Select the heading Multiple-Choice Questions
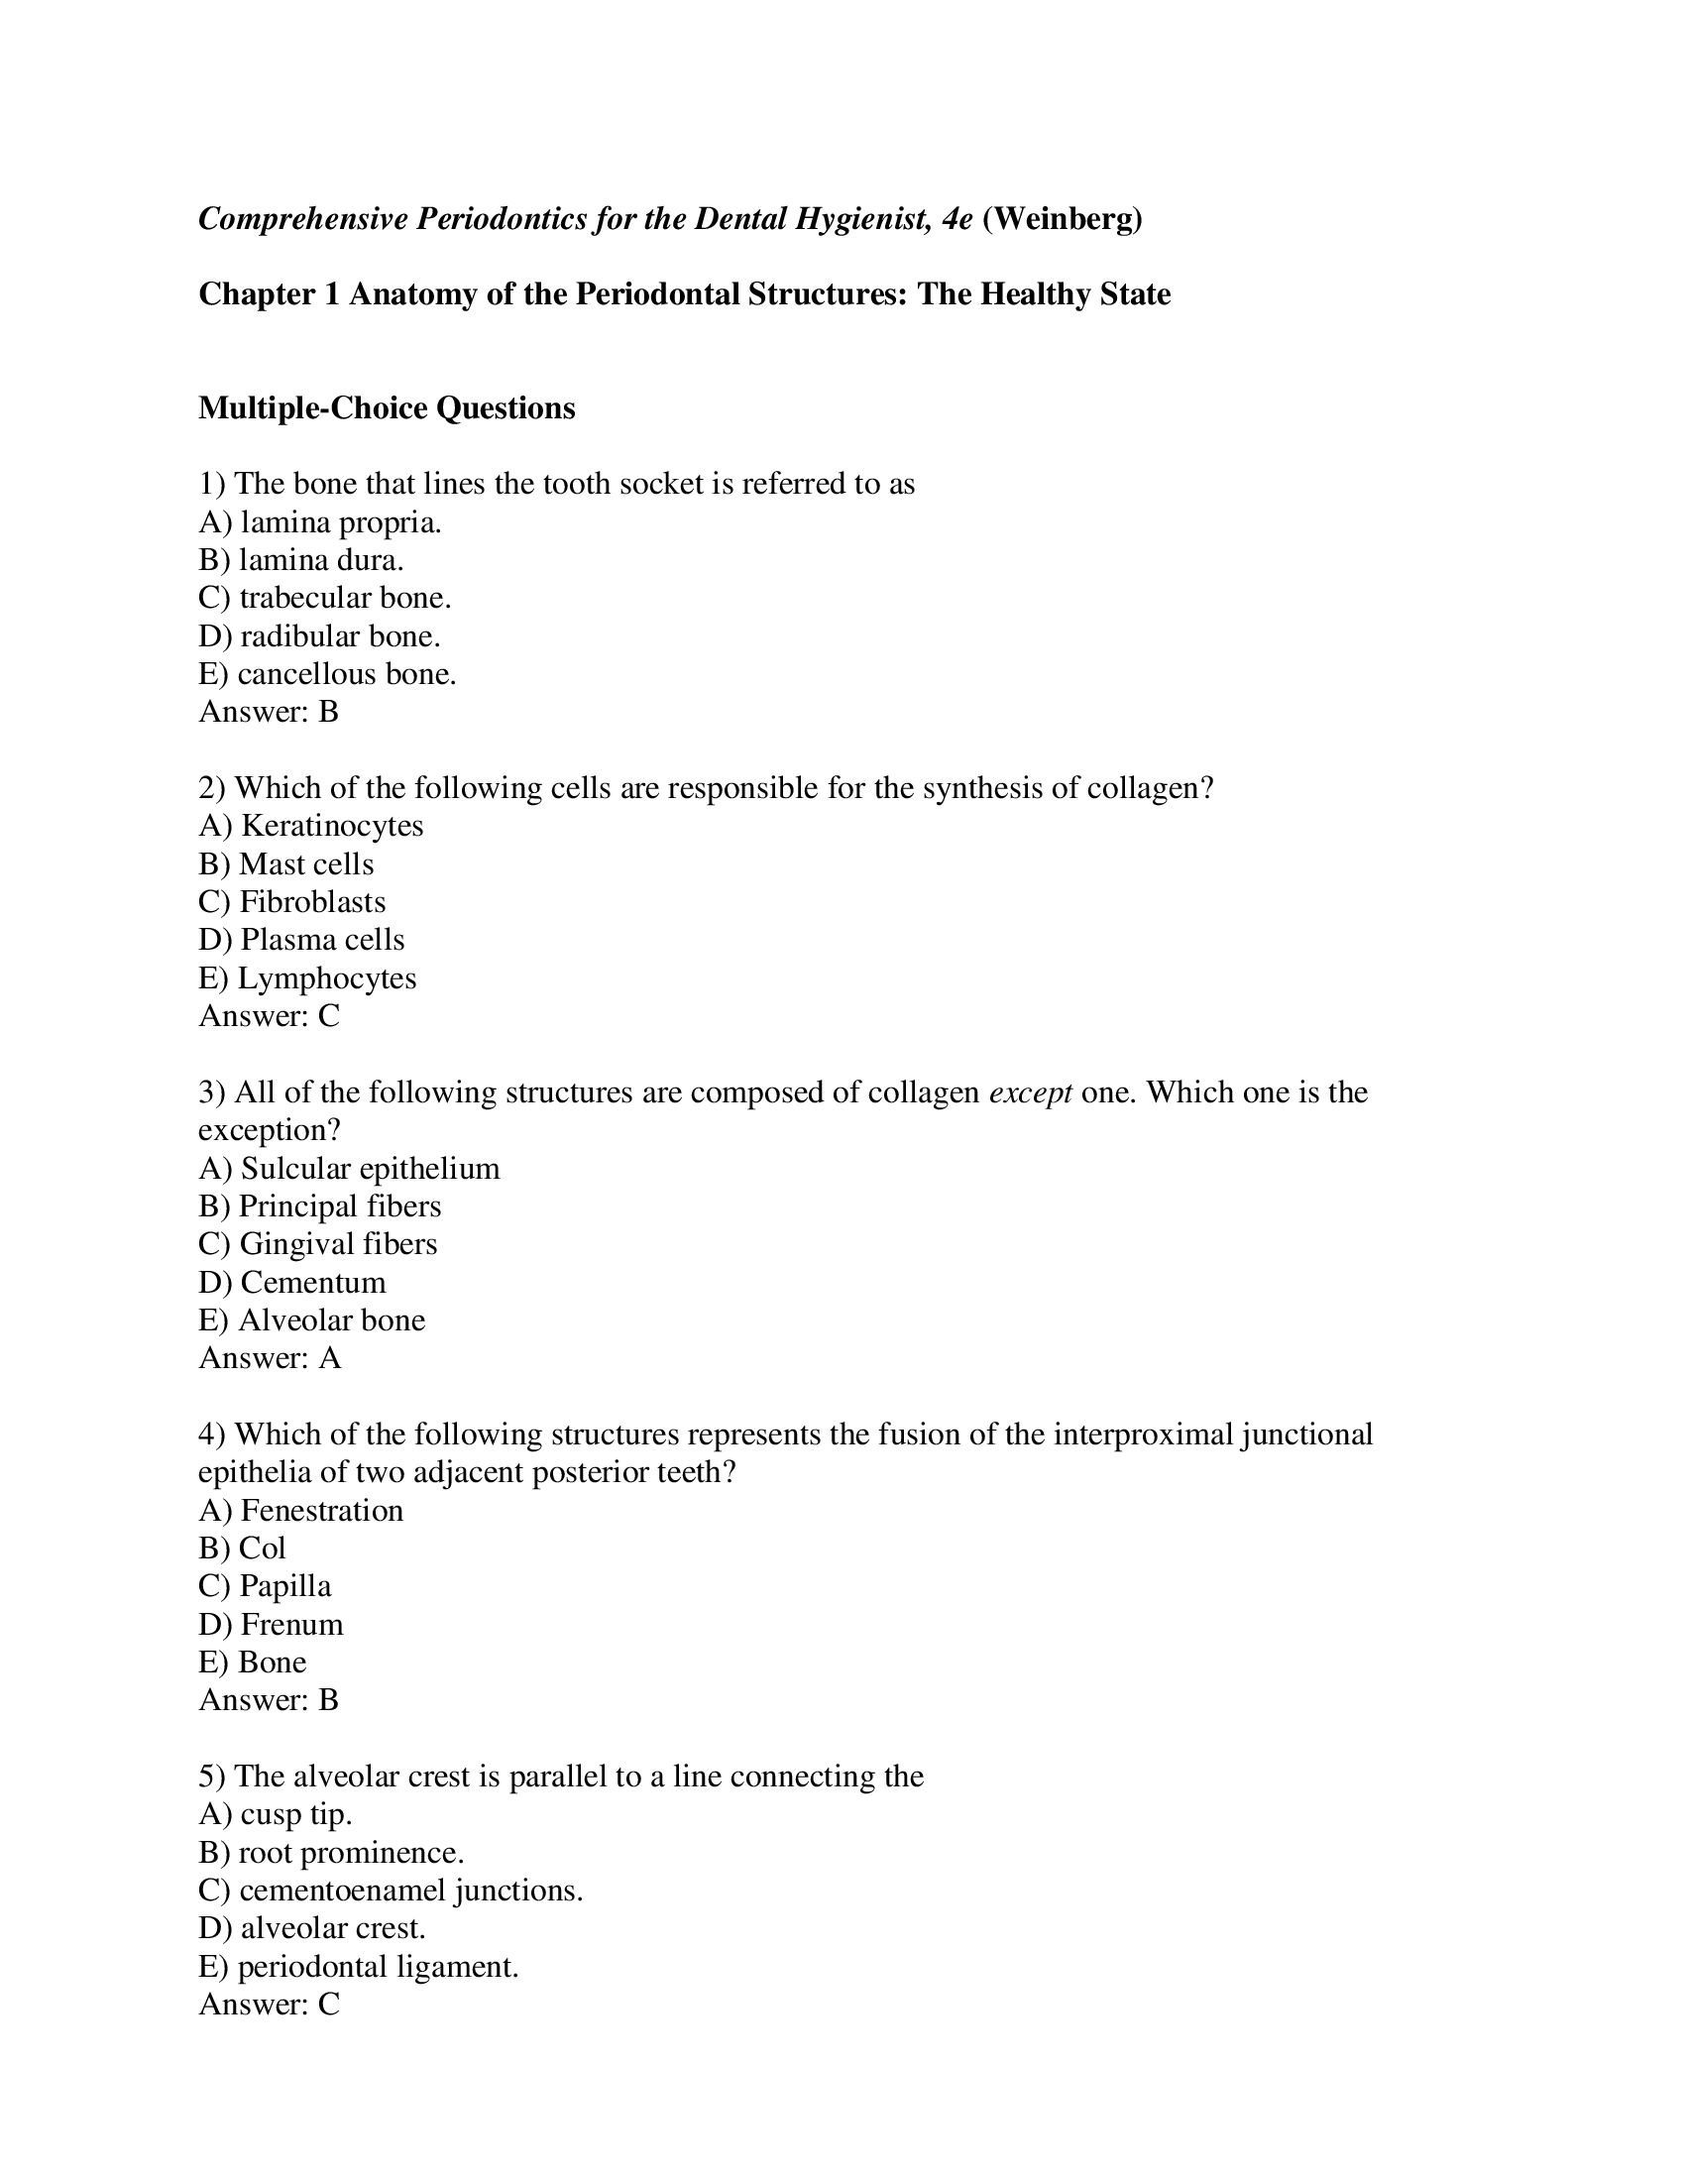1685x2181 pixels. pos(387,408)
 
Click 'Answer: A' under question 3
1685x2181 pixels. pos(270,1358)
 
